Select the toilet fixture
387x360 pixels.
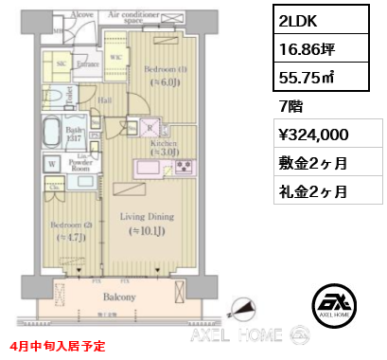coord(44,94)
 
